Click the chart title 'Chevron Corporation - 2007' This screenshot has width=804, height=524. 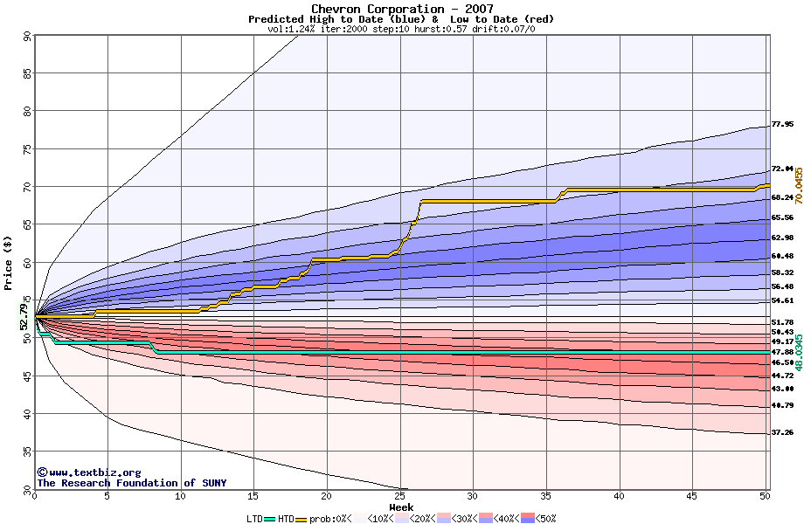click(x=401, y=9)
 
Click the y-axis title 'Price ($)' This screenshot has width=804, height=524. click(x=9, y=263)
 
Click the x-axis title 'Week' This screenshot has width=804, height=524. click(x=401, y=507)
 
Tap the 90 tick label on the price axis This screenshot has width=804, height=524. click(x=26, y=37)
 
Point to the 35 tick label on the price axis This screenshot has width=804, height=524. click(x=26, y=451)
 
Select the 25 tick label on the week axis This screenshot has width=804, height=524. click(x=399, y=496)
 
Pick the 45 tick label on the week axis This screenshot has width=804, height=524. click(x=691, y=496)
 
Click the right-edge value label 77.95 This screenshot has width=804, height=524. click(x=781, y=125)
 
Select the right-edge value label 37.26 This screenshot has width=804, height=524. click(x=781, y=433)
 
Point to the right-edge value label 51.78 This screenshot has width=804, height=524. click(x=781, y=322)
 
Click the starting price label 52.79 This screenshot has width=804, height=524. click(x=24, y=316)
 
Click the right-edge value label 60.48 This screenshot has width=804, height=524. click(x=781, y=256)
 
